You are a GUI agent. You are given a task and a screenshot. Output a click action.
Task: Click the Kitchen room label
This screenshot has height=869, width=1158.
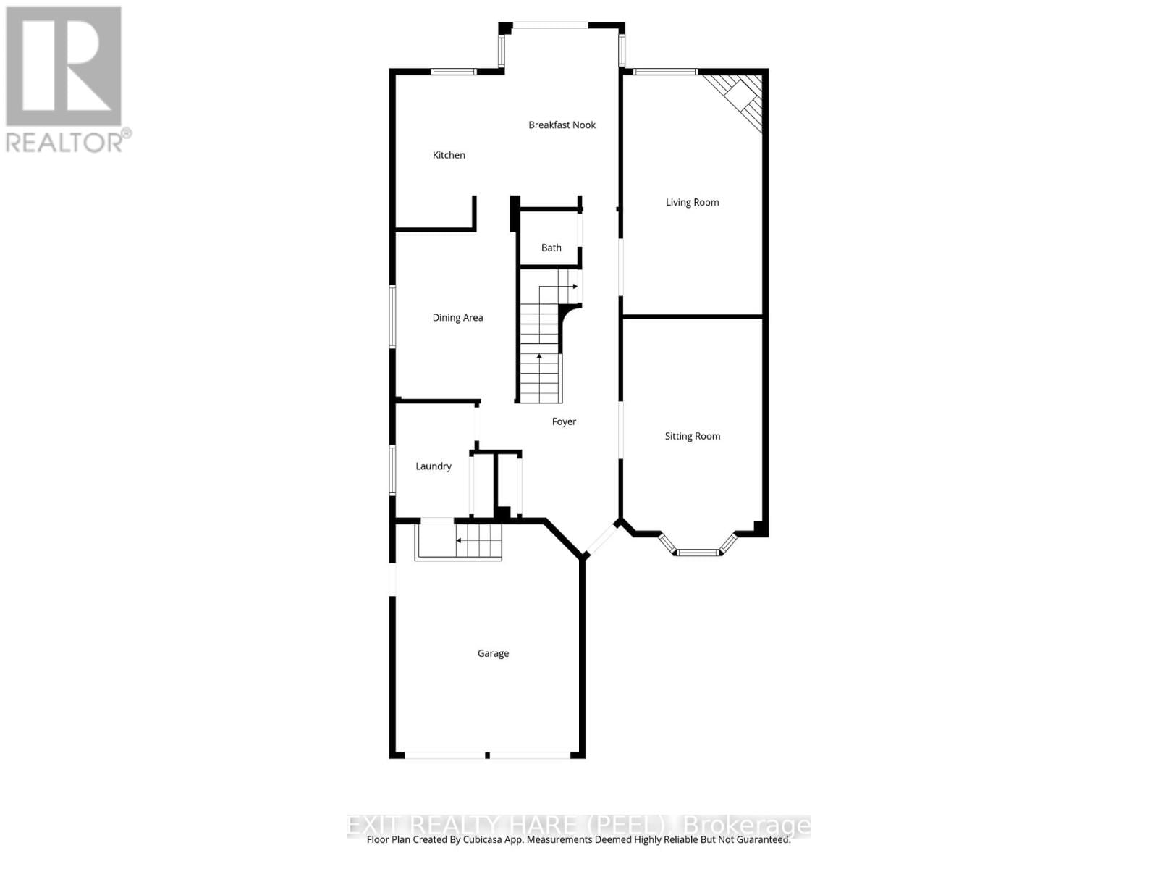click(449, 155)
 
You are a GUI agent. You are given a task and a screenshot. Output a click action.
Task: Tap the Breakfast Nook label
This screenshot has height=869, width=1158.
click(562, 125)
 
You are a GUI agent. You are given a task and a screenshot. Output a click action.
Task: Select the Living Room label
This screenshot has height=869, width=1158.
click(692, 203)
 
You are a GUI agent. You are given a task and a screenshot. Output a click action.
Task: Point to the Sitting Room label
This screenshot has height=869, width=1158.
click(692, 436)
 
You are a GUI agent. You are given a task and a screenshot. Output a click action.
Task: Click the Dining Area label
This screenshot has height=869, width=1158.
click(457, 318)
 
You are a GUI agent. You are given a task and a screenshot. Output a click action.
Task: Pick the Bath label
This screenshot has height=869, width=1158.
click(551, 248)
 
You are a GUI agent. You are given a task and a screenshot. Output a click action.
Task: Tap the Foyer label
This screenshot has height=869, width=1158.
click(564, 421)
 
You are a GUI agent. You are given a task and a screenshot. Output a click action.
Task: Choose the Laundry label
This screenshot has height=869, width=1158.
click(433, 466)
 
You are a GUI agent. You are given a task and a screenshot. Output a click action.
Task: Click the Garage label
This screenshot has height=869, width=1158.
click(493, 653)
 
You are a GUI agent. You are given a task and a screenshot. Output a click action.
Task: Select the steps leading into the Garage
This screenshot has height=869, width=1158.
click(459, 541)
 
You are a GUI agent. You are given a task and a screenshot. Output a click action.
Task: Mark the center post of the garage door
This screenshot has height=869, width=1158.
click(487, 755)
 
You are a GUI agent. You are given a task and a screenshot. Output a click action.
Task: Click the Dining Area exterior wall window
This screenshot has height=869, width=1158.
click(393, 316)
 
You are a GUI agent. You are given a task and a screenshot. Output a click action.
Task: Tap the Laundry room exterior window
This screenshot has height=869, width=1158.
click(393, 470)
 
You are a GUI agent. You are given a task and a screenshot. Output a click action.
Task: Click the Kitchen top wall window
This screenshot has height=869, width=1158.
click(453, 72)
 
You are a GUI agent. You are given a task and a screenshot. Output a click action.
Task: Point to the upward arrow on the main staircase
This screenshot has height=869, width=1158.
click(539, 357)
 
